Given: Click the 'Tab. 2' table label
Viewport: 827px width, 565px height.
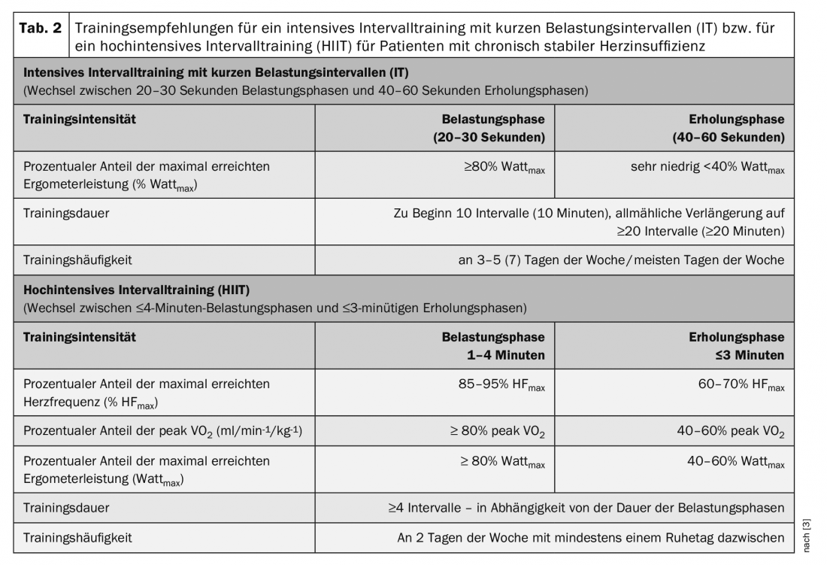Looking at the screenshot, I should pos(43,28).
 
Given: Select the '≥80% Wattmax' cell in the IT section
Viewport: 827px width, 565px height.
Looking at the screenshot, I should pos(504,170).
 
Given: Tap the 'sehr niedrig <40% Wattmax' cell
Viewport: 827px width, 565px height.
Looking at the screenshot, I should pos(707,170).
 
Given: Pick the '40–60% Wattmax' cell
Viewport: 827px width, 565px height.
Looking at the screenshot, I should pos(737,462).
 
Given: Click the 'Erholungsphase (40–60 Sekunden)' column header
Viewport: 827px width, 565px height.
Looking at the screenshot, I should pos(729,129).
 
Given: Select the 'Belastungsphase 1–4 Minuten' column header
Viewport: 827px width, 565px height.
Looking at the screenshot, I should pos(493,345).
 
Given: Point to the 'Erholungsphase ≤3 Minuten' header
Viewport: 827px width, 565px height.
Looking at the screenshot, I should pos(737,345).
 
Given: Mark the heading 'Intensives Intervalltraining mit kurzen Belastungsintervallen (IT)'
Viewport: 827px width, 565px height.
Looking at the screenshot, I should pos(221,73).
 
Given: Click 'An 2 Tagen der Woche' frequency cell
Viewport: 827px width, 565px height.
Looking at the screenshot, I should pos(591,537).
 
